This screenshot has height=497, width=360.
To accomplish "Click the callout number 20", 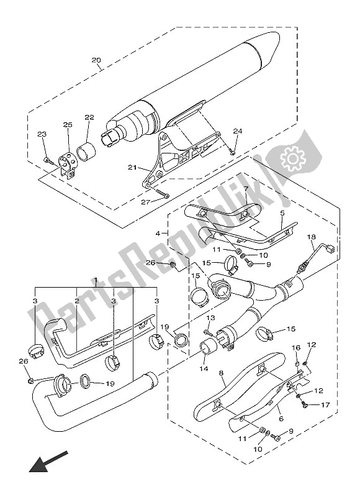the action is (x=96, y=60).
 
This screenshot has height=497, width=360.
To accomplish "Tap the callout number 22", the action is (x=89, y=117).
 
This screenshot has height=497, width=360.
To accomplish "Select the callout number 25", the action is (x=68, y=125).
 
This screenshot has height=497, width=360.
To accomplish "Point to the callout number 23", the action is (x=42, y=134).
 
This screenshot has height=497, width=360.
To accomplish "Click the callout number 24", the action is (x=238, y=131).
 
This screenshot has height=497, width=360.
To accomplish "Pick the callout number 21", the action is (x=132, y=167).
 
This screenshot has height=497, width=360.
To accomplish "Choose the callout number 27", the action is (x=145, y=202).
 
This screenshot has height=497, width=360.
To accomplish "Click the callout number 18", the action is (x=311, y=237).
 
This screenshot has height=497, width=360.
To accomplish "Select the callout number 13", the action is (x=210, y=317).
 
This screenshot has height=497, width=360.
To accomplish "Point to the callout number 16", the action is (x=296, y=348).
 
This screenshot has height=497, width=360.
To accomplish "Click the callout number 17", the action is (x=325, y=405).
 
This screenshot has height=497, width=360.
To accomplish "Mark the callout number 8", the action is (x=221, y=373).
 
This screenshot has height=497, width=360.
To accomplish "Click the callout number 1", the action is (x=96, y=280).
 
